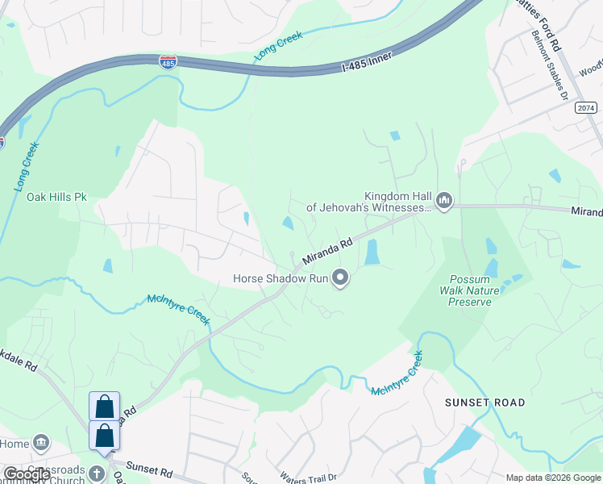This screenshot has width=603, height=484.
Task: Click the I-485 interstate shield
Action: pos(167,62)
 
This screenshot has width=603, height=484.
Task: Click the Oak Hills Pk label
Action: pos(56,197)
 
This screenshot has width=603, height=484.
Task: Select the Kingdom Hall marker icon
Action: pos(443,199)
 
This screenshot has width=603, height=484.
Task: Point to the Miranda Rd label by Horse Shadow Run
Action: pos(328,251)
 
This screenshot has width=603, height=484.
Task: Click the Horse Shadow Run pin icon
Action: pos(341,279)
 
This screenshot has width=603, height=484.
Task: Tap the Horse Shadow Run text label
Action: pos(278,279)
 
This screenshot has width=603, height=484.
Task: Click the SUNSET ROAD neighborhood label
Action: pos(486,402)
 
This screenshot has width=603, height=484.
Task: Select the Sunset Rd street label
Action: pos(149,469)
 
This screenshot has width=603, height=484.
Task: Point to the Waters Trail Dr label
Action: pos(308,478)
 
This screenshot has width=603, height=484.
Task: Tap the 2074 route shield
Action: pos(587,107)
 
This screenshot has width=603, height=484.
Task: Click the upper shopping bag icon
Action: pos(104,407)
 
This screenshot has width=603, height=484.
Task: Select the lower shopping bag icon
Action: pos(104,436)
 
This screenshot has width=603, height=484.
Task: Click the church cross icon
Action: pos(97,473)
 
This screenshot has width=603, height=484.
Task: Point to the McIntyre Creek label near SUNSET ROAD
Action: pos(397,374)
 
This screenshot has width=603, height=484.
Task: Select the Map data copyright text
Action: pos(553,478)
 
